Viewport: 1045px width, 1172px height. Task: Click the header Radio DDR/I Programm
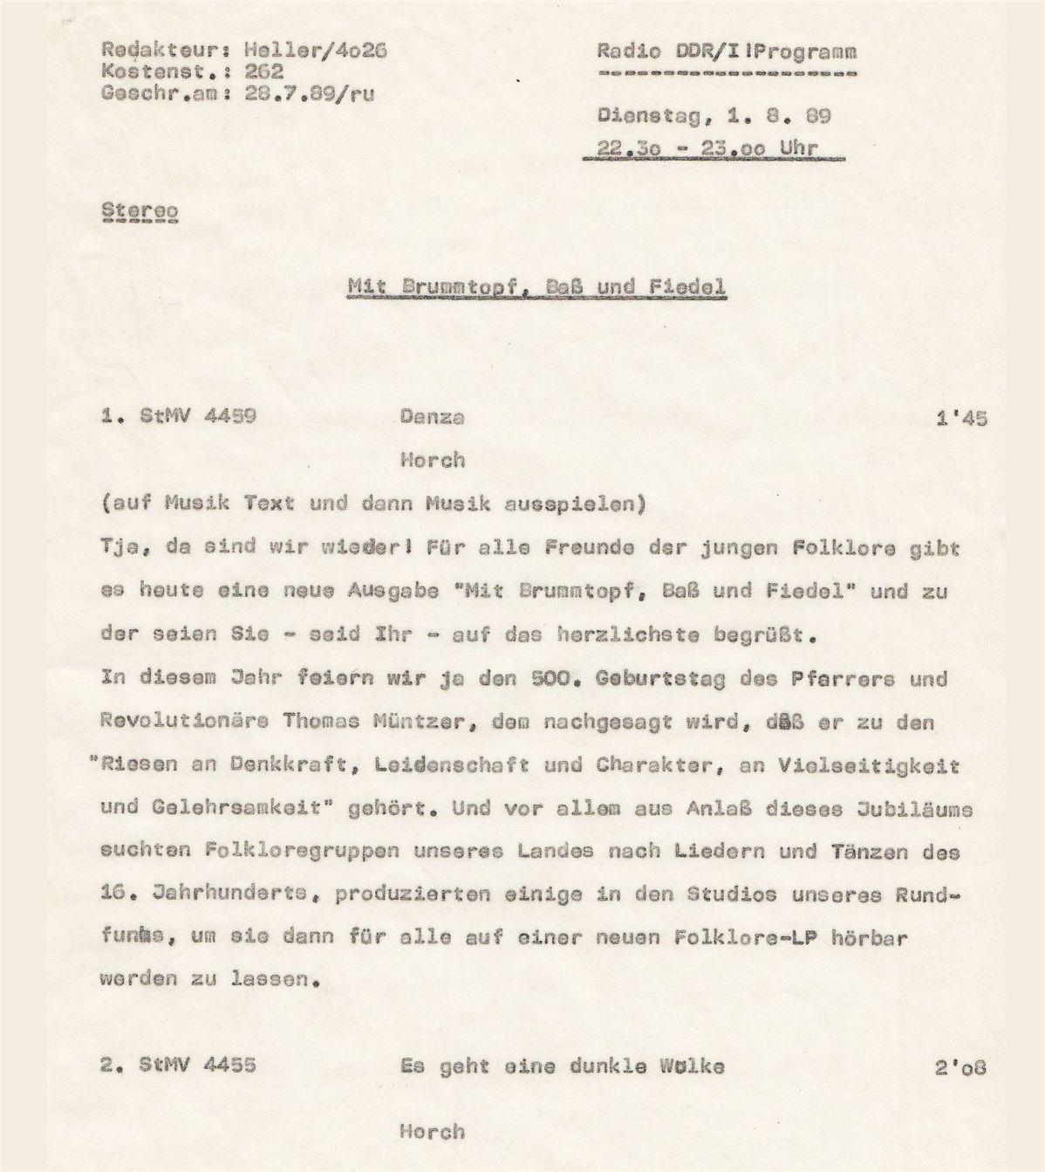727,51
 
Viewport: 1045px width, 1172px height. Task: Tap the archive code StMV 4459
198,416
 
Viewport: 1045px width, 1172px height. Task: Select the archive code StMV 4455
198,1066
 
